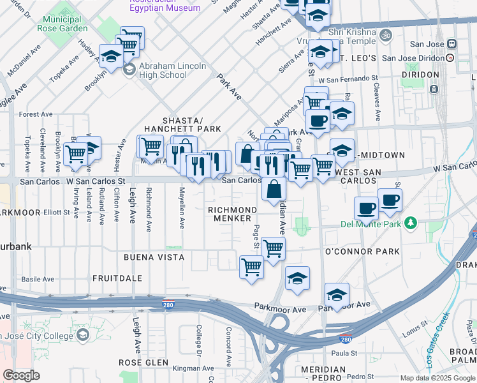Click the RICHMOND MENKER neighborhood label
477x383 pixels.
click(231, 214)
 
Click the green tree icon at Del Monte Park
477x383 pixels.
click(412, 223)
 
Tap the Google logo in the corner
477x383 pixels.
click(21, 375)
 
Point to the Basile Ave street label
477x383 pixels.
click(38, 279)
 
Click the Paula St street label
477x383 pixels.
click(343, 353)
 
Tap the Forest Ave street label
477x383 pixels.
click(35, 114)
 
